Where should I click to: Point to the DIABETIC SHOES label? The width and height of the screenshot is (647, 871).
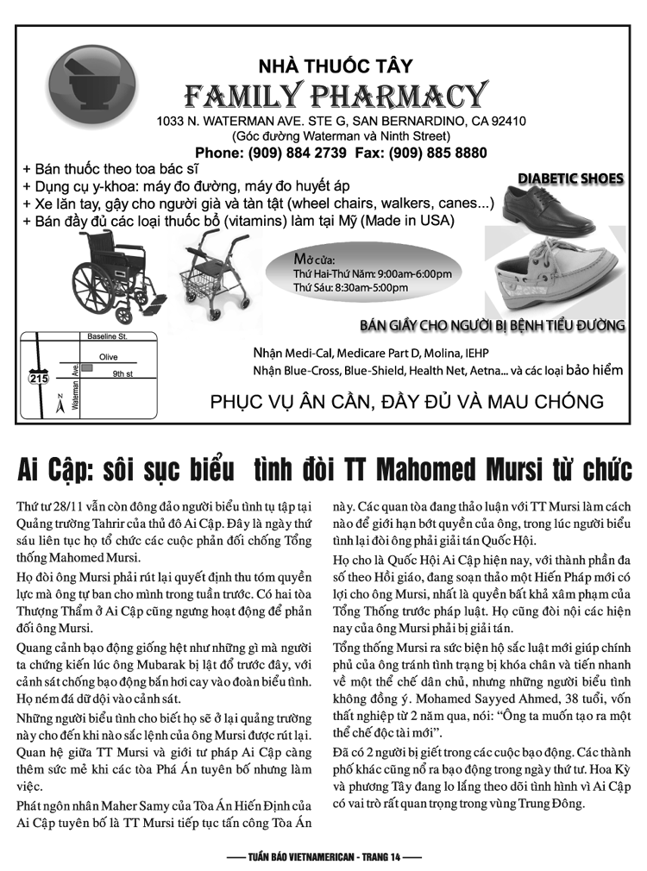coord(570,179)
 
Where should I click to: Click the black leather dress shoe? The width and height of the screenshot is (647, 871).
coord(552,207)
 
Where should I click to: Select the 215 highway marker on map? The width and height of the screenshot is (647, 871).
coord(39,378)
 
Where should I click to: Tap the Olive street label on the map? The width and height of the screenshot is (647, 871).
coord(109,356)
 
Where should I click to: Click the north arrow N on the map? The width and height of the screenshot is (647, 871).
coord(59,402)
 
